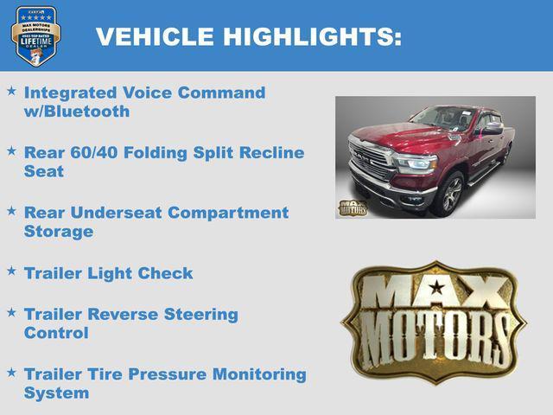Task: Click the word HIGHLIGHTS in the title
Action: pyautogui.click(x=312, y=36)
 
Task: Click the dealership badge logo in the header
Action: pyautogui.click(x=35, y=36)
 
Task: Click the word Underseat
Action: pyautogui.click(x=118, y=212)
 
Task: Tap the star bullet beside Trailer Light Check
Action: pyautogui.click(x=11, y=271)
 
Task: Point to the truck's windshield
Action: pyautogui.click(x=442, y=118)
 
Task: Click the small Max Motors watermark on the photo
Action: pyautogui.click(x=353, y=207)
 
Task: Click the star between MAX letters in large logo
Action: pyautogui.click(x=436, y=287)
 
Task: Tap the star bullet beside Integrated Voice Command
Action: pyautogui.click(x=11, y=91)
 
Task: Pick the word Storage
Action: pyautogui.click(x=58, y=232)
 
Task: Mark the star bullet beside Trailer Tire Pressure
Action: pyautogui.click(x=11, y=373)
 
